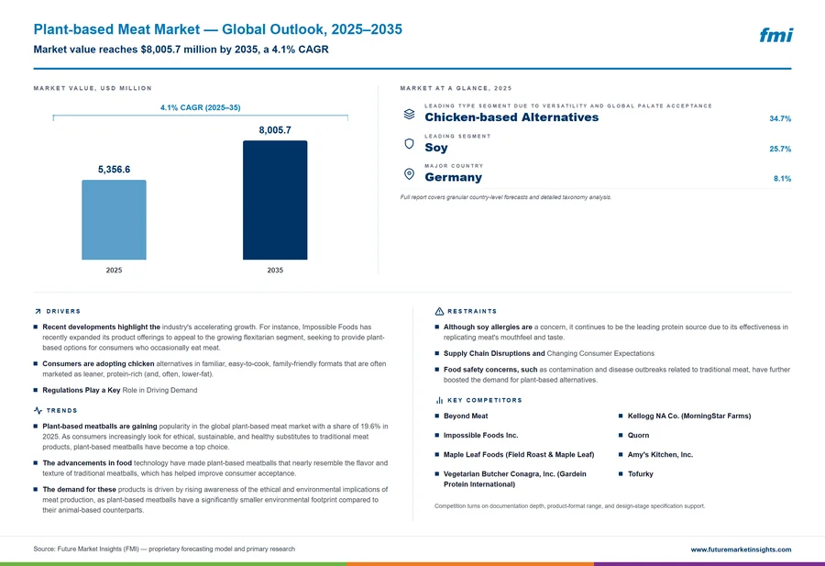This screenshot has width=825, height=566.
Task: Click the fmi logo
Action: (775, 35)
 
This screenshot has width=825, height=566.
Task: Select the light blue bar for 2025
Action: (114, 219)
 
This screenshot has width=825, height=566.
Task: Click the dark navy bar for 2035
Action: (275, 200)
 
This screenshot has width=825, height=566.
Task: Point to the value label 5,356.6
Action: (114, 170)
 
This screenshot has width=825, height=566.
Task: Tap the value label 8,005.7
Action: (275, 130)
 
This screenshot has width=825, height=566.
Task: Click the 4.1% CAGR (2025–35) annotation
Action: (201, 107)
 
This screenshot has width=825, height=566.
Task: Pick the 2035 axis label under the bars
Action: (275, 270)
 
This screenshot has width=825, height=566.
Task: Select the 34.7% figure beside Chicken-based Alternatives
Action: (780, 118)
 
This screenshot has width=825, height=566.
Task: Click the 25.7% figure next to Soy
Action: (780, 149)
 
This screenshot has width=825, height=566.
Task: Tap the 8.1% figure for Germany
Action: (782, 179)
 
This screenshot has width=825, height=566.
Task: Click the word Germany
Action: (453, 177)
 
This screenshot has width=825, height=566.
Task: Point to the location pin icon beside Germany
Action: (409, 173)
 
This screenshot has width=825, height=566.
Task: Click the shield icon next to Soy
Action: (409, 144)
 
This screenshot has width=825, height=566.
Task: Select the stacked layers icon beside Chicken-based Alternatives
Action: (409, 114)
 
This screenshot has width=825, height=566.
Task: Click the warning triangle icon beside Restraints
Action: (439, 311)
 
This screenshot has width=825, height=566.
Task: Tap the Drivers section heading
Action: (63, 311)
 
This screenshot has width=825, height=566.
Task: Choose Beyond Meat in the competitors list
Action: (466, 416)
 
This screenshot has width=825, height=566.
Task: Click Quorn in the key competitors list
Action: (638, 436)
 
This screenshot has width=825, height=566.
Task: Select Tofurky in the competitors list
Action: (641, 474)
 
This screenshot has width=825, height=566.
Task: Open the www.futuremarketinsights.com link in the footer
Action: (741, 549)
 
